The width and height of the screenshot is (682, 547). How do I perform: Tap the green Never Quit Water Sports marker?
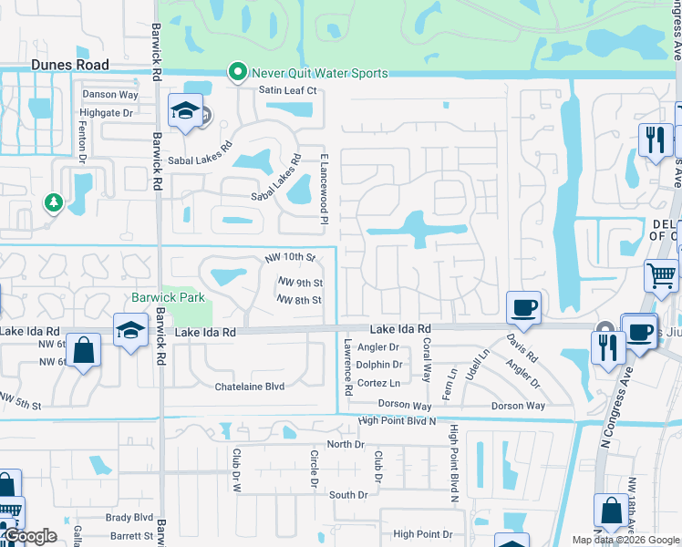point(238,72)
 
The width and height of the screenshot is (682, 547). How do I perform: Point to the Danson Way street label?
point(110,94)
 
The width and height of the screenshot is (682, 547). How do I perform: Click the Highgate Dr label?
point(107,113)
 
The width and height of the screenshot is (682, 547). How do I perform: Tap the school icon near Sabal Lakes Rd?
point(184,112)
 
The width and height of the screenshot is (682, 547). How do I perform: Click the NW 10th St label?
point(290,259)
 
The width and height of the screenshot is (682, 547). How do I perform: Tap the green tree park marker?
point(54,201)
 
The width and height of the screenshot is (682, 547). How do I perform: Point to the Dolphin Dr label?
point(379,365)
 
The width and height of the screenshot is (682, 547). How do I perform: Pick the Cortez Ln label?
point(377,383)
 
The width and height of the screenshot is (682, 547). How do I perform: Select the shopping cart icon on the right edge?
point(661,274)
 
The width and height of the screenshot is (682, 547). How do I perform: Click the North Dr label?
point(346,444)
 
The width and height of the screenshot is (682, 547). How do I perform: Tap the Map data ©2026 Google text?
point(625,540)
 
